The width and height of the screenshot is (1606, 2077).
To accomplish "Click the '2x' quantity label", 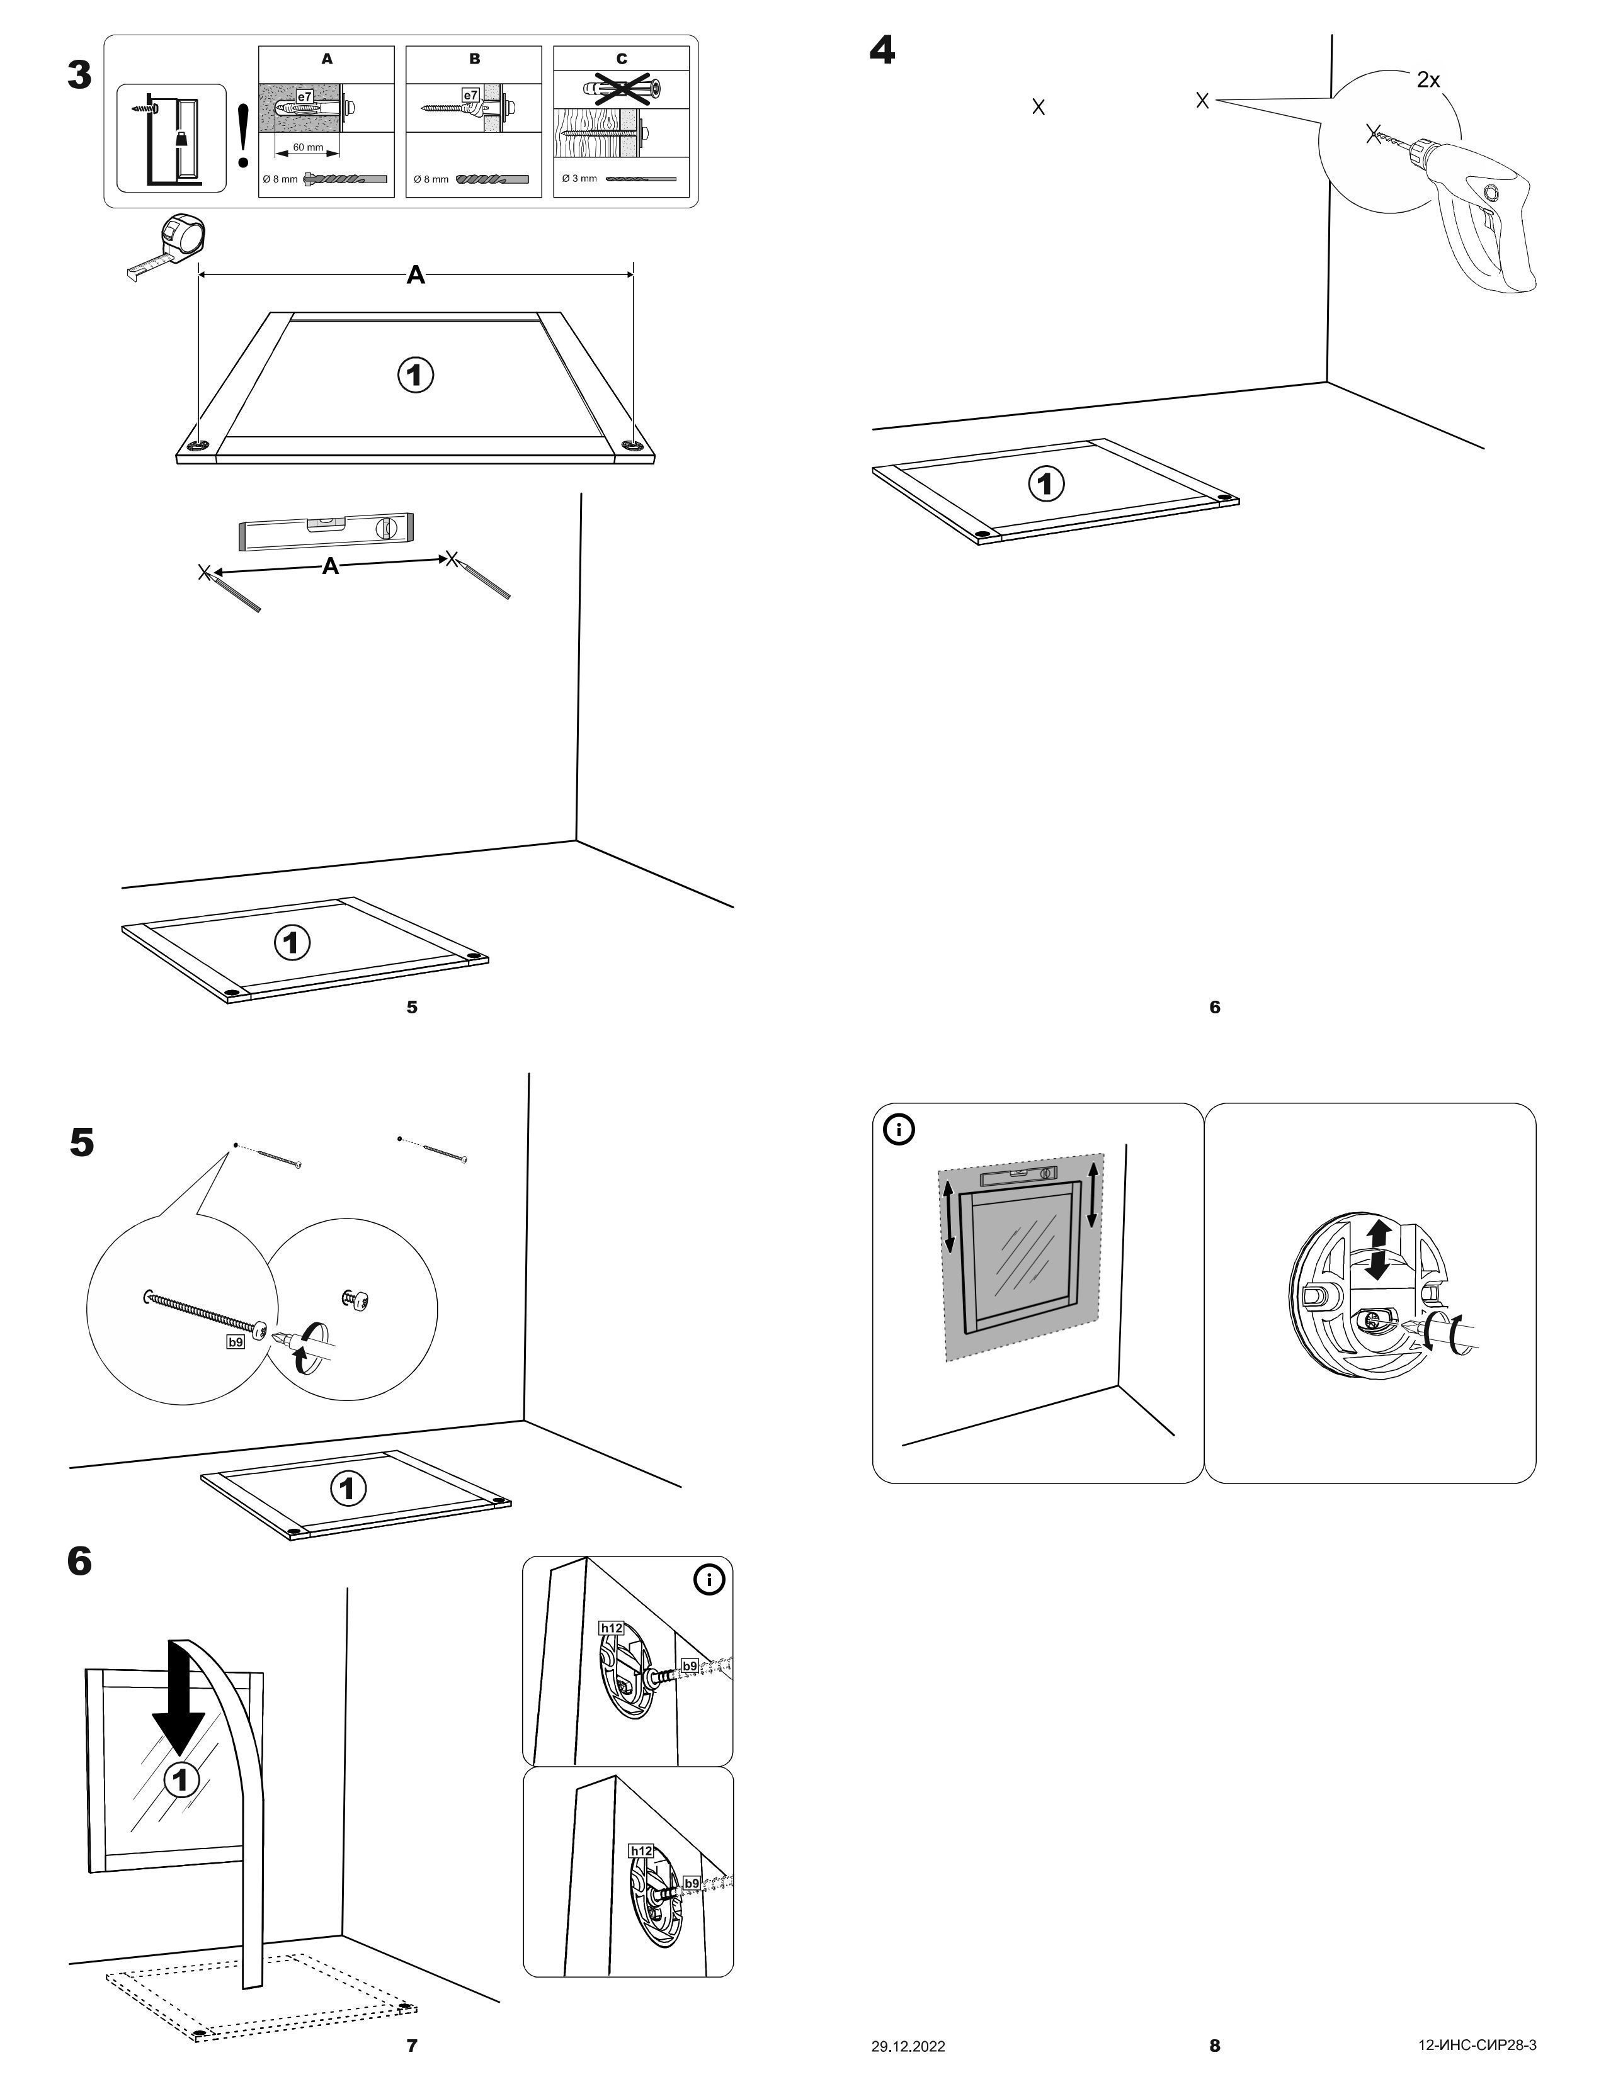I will tap(1428, 81).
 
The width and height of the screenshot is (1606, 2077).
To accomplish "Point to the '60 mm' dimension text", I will tap(307, 147).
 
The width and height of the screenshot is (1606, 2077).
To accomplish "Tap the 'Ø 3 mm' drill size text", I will tap(579, 178).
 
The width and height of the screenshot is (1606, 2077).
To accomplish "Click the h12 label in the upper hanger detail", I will tap(611, 1628).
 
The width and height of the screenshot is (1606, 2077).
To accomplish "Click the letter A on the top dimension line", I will tap(416, 276).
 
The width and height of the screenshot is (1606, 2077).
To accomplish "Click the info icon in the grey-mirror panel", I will tap(899, 1129).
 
